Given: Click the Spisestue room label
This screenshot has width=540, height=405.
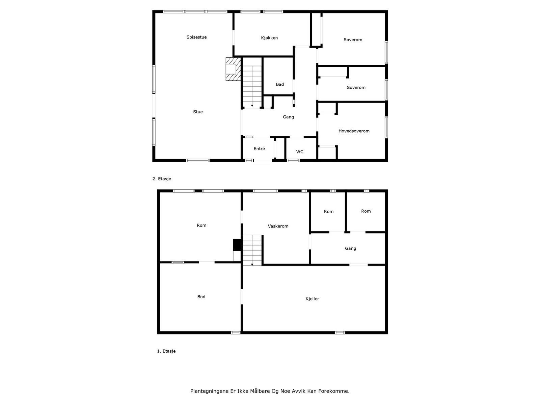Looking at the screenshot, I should [196, 37].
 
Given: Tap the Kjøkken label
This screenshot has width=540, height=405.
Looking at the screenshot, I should [269, 38].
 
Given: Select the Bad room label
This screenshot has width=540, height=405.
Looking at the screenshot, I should [280, 84].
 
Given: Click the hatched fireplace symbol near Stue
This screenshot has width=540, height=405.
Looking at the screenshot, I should [233, 69].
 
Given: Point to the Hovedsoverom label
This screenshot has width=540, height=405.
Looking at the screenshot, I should [354, 131].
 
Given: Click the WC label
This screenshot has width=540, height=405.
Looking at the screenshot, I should [300, 152].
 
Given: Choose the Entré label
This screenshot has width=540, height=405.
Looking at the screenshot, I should [259, 148].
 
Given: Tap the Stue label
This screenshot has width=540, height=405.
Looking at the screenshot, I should [198, 112].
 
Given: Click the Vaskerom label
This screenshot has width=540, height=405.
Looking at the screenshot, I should [278, 226].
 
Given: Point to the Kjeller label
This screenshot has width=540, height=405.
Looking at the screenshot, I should [312, 299].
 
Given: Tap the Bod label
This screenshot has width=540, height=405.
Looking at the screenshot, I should [201, 297].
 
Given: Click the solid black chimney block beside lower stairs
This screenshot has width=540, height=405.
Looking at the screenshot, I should [237, 245].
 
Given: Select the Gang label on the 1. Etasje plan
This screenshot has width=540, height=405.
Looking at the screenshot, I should [350, 248].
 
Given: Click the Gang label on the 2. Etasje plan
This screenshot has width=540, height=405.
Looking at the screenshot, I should [288, 117].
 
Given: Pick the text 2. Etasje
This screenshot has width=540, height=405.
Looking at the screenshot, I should [162, 179].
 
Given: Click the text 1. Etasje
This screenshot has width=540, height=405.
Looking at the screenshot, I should [166, 351].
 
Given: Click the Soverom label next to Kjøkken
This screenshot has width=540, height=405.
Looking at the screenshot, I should [353, 39].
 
